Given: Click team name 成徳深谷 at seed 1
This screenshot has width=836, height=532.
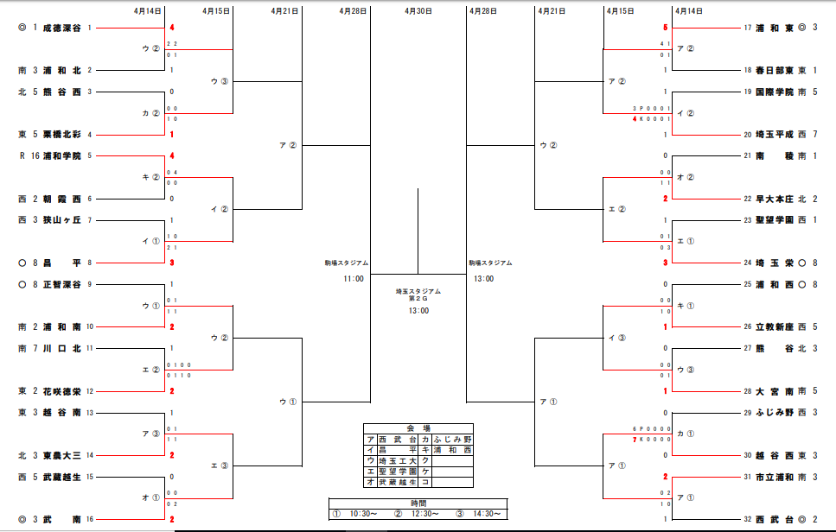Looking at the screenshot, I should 62,28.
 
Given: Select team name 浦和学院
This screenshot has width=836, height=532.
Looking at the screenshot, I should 62,155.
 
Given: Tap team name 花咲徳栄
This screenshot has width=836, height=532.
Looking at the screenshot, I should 62,390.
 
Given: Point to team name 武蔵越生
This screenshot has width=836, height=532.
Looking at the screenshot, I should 62,476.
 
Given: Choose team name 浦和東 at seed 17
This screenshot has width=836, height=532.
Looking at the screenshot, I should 775,28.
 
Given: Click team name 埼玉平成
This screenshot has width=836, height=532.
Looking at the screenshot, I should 775,134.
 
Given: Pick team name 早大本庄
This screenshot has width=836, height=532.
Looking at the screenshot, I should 775,199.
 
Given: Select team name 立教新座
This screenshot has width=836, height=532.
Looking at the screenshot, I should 775,326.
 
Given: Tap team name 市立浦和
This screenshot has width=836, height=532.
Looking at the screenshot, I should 775,476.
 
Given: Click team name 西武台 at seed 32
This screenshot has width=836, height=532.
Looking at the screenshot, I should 775,519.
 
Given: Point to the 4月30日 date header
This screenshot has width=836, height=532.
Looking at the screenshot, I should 418,11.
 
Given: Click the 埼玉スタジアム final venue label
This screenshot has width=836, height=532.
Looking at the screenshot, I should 418,292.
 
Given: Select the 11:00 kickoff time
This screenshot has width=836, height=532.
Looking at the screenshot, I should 353,278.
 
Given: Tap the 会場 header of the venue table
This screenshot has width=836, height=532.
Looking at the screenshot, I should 418,428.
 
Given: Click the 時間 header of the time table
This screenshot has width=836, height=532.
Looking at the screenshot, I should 418,503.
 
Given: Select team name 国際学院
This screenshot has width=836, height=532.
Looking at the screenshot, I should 775,92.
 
